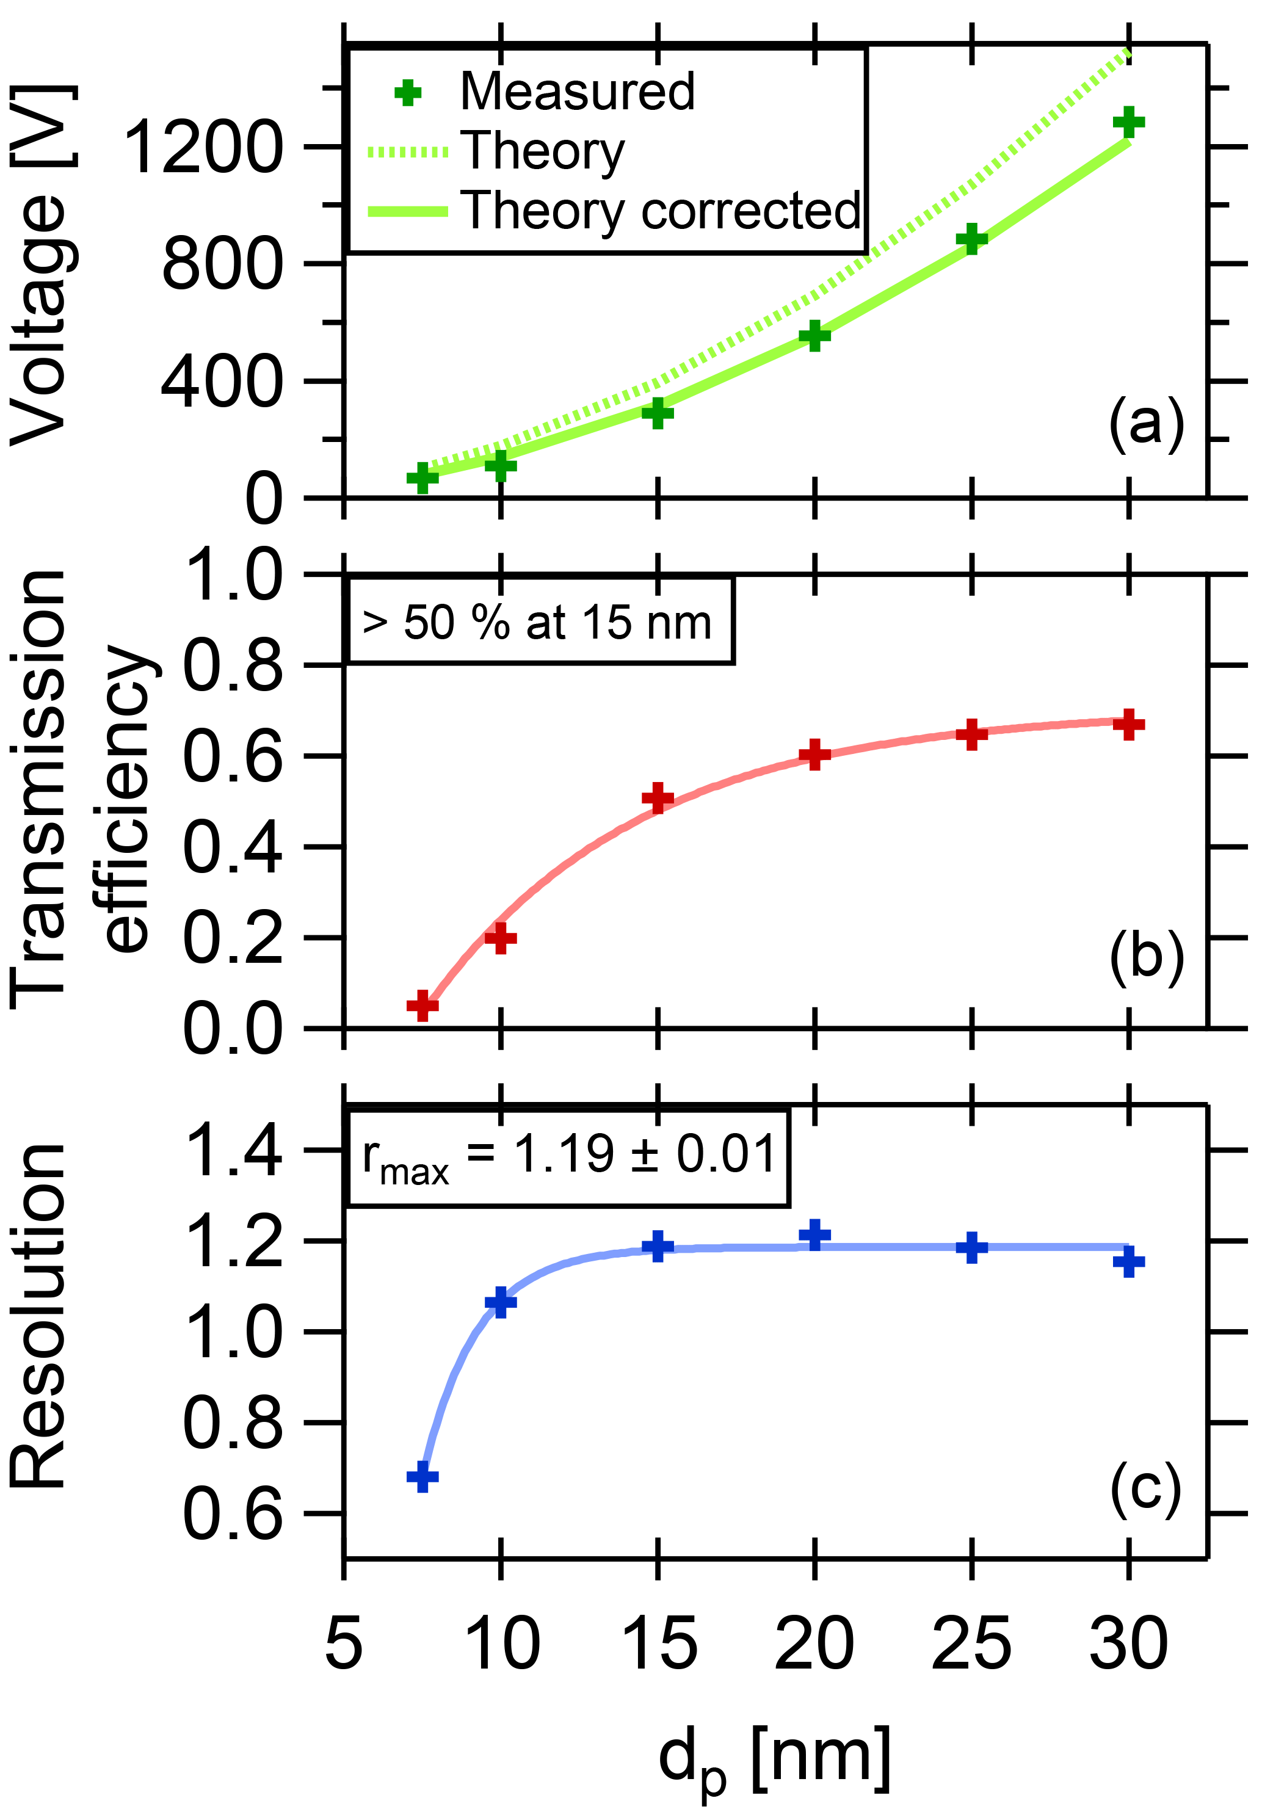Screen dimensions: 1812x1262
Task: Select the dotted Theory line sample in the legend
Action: [407, 152]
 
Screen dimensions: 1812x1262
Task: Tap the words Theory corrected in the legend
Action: [661, 211]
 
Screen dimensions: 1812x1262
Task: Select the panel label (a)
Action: [1146, 424]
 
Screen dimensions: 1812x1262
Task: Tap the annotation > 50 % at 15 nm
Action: [537, 623]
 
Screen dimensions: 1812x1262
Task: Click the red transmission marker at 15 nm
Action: [657, 799]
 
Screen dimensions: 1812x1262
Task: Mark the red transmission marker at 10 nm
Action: [499, 938]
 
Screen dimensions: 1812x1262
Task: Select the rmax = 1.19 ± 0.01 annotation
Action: [568, 1156]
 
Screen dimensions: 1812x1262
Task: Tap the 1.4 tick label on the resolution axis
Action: [232, 1151]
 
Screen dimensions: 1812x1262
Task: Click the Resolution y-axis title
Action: [40, 1314]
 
